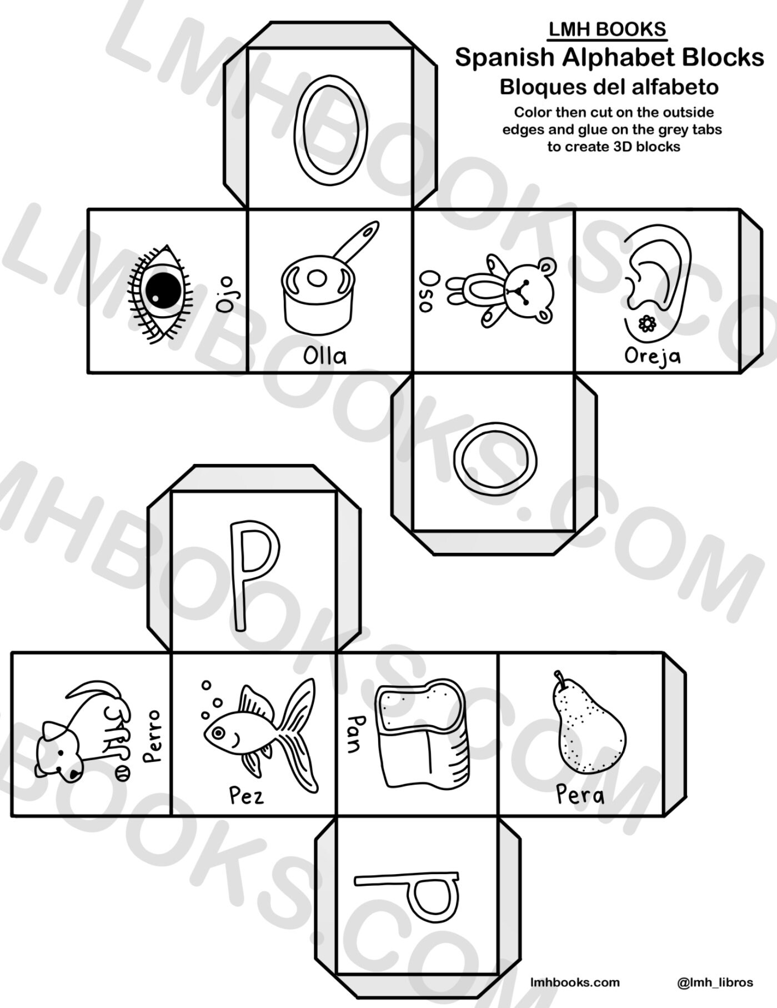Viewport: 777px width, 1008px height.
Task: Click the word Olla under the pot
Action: [325, 356]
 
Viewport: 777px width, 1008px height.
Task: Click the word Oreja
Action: [652, 356]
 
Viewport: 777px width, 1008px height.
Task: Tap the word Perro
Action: [151, 736]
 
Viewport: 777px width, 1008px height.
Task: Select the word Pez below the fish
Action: [247, 796]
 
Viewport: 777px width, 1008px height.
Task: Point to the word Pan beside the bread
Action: [355, 733]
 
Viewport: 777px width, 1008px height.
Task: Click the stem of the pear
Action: [558, 680]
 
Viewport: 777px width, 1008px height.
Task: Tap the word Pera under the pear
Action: [580, 795]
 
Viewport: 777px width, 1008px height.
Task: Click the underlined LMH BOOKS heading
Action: [607, 29]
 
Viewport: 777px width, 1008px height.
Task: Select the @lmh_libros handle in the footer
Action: [715, 982]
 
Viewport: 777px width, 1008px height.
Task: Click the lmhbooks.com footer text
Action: [575, 982]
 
